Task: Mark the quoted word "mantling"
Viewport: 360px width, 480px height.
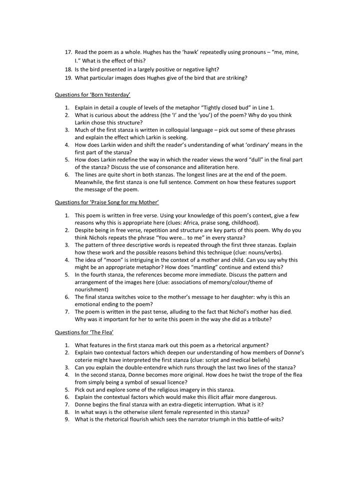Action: click(x=213, y=267)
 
